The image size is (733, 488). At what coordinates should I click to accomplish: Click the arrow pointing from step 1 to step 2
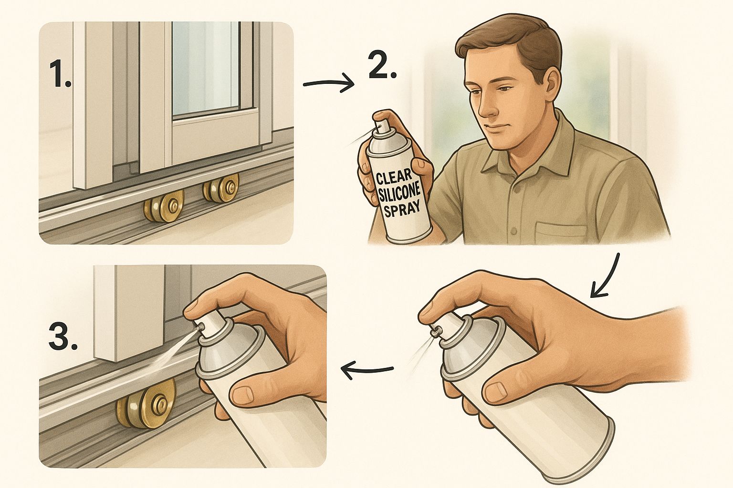tap(328, 84)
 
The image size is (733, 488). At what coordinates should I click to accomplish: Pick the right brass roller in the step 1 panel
tap(221, 189)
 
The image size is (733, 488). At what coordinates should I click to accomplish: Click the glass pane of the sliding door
tap(206, 68)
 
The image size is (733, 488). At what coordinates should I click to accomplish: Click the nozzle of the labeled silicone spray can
tap(379, 125)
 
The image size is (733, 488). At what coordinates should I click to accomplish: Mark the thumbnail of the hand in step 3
tap(241, 396)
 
